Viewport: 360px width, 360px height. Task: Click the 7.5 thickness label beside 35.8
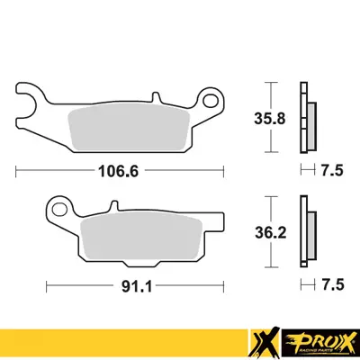333,168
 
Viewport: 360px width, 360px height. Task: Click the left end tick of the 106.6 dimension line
17,168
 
